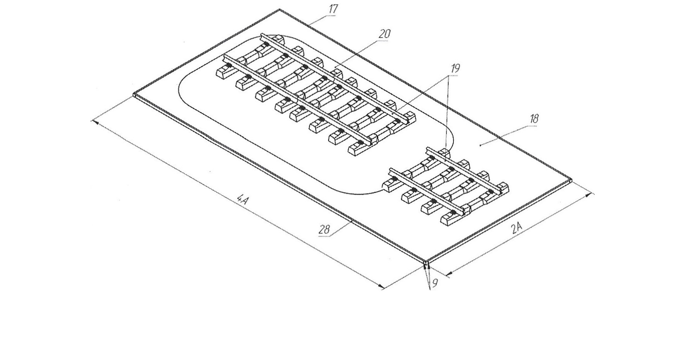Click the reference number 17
333,9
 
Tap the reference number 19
455,69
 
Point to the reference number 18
534,119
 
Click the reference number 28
324,230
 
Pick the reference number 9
435,283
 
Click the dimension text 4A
243,200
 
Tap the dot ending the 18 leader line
480,145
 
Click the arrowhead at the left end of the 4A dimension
93,121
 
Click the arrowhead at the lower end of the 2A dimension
447,275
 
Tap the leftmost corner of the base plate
134,94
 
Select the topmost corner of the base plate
279,9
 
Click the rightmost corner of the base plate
573,179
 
